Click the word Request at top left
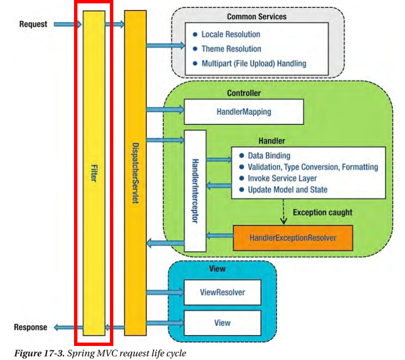[33, 24]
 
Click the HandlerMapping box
[243, 111]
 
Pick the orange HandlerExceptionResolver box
[293, 238]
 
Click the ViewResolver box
[222, 292]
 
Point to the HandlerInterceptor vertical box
[196, 190]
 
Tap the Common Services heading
[256, 16]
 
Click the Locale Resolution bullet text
[231, 34]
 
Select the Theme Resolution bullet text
[231, 49]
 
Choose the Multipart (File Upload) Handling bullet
[254, 63]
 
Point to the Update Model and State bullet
[287, 190]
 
